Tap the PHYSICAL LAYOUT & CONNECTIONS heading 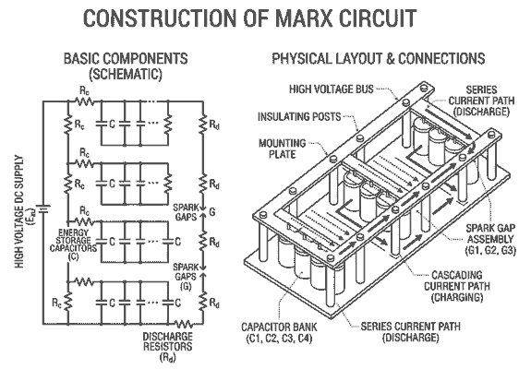[x=378, y=58]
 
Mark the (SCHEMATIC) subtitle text [x=126, y=72]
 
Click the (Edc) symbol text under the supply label [x=31, y=218]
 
